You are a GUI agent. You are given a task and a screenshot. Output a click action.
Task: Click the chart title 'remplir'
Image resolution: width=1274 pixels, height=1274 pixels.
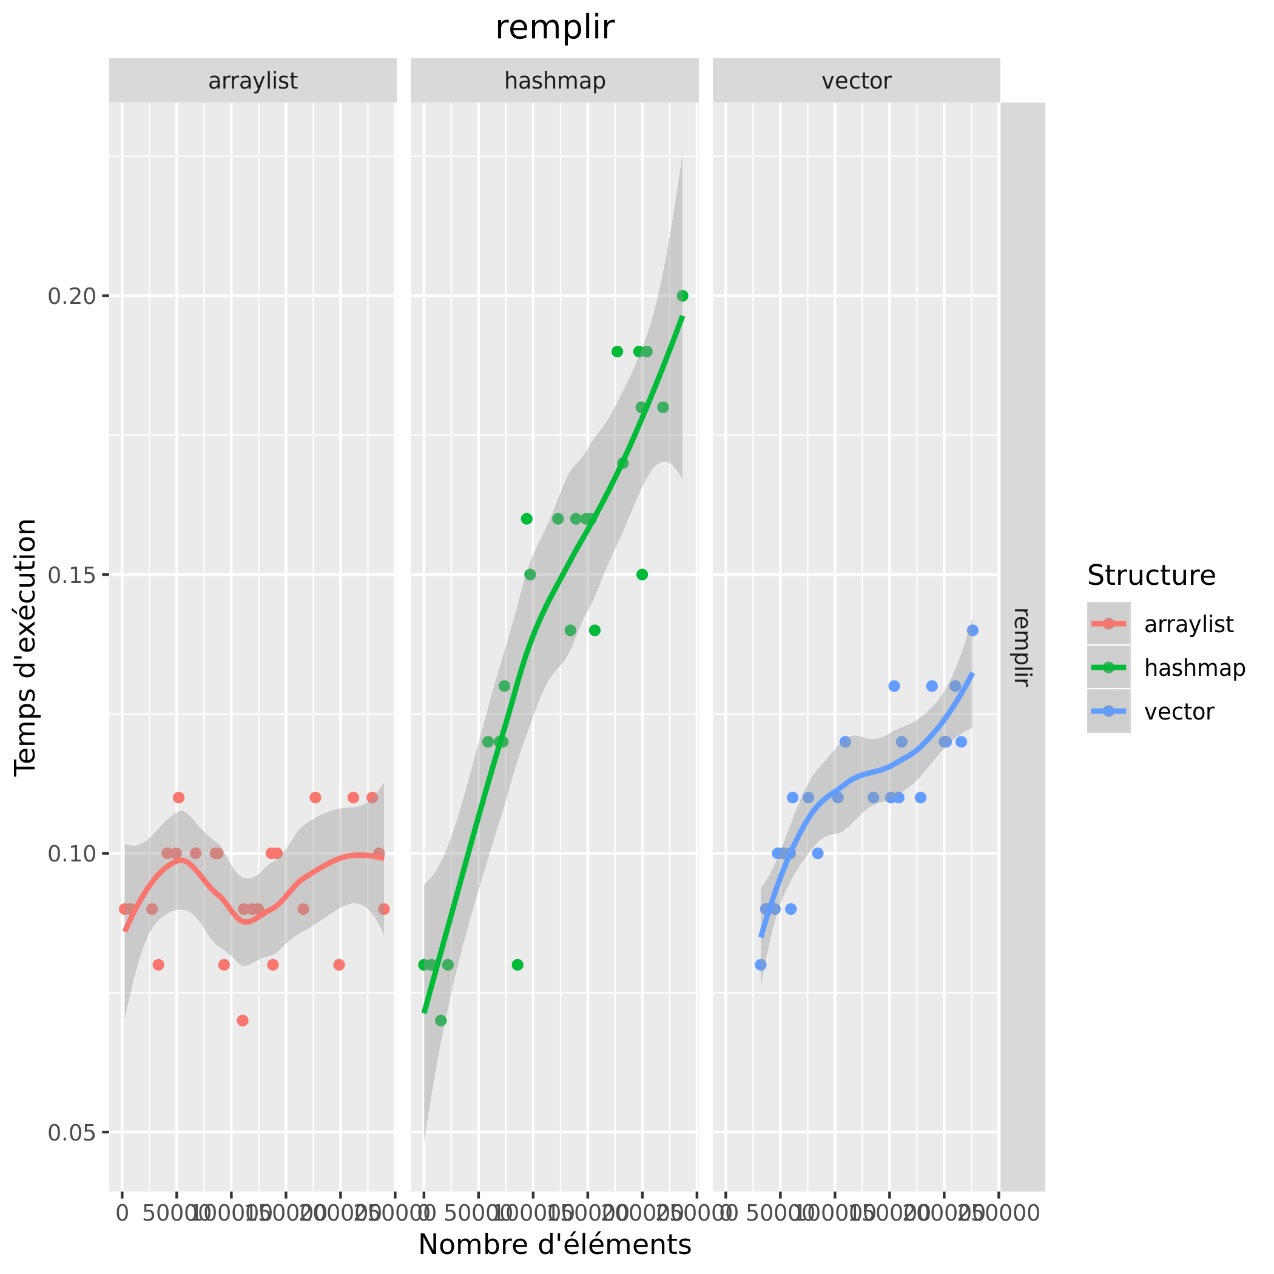(x=554, y=29)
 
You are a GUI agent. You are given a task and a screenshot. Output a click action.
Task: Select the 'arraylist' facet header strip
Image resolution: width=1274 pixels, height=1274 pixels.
(x=252, y=81)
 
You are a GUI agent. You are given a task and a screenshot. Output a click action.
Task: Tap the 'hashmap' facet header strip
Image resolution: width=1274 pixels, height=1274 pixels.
(x=554, y=81)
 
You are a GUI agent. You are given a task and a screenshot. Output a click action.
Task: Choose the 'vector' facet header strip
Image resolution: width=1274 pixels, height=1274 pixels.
(x=856, y=81)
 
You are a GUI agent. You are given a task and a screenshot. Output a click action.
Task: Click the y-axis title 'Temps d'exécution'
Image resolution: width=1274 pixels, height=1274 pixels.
(x=26, y=647)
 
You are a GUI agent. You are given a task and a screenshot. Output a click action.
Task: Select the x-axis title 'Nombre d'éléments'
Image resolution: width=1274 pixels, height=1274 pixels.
(x=554, y=1245)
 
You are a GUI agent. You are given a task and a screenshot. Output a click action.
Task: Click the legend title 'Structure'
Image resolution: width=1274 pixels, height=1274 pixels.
(x=1151, y=576)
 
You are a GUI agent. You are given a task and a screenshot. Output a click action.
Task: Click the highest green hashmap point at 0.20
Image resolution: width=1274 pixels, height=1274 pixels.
(x=682, y=296)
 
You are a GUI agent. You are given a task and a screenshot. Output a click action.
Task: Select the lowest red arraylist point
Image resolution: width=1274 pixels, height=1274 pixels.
(x=243, y=1021)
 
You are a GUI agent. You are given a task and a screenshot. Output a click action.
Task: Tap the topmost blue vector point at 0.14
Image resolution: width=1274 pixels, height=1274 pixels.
(x=972, y=630)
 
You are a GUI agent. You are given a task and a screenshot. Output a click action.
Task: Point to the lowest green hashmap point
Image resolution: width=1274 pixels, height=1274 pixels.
(x=441, y=1021)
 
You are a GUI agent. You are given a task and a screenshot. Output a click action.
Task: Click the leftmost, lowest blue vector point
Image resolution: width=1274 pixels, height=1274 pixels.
(x=760, y=965)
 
